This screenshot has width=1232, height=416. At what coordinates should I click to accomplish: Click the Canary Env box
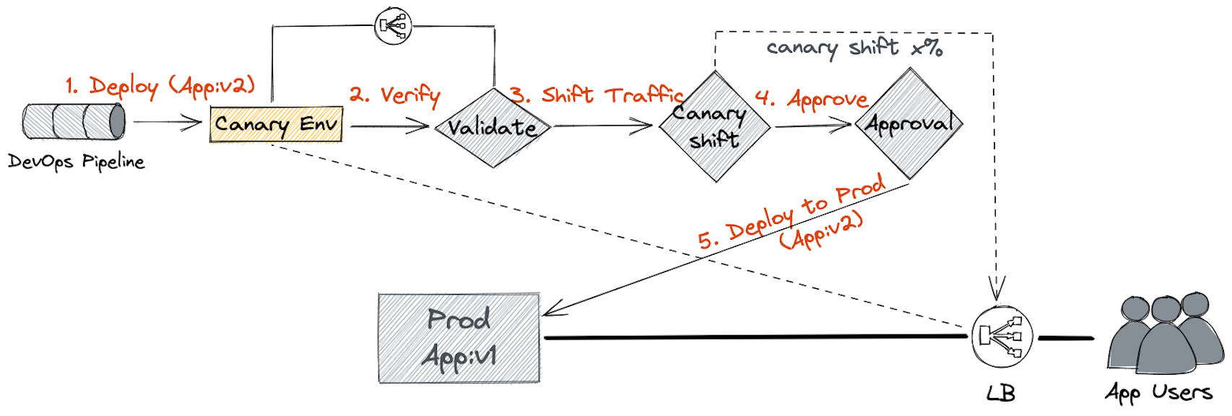pyautogui.click(x=276, y=124)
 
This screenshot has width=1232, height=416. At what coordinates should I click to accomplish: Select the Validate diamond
pyautogui.click(x=493, y=127)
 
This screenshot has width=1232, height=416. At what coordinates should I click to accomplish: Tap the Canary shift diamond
pyautogui.click(x=713, y=126)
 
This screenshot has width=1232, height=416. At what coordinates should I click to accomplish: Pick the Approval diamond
pyautogui.click(x=909, y=123)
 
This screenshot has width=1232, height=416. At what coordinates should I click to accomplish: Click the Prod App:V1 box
pyautogui.click(x=459, y=338)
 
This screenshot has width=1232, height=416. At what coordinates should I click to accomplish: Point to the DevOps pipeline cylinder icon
pyautogui.click(x=74, y=121)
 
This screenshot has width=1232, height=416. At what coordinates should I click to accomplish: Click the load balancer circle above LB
pyautogui.click(x=1001, y=337)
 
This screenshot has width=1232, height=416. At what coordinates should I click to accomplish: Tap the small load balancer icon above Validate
pyautogui.click(x=393, y=26)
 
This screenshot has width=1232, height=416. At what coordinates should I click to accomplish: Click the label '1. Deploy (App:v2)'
pyautogui.click(x=160, y=87)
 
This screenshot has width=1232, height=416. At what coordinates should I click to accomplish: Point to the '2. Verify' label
pyautogui.click(x=395, y=95)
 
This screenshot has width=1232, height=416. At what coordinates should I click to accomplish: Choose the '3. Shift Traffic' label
pyautogui.click(x=597, y=95)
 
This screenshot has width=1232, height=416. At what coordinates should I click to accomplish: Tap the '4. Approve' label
pyautogui.click(x=811, y=98)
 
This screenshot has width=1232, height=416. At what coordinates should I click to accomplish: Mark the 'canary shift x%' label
pyautogui.click(x=854, y=48)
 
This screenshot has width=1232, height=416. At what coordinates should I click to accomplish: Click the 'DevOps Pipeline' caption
pyautogui.click(x=76, y=161)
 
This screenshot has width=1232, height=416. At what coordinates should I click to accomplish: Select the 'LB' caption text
pyautogui.click(x=1001, y=394)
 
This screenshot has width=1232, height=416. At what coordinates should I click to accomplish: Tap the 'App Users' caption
pyautogui.click(x=1158, y=392)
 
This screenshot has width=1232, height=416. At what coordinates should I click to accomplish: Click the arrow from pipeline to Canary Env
pyautogui.click(x=168, y=122)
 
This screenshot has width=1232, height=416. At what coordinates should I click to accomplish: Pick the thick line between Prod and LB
pyautogui.click(x=755, y=337)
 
